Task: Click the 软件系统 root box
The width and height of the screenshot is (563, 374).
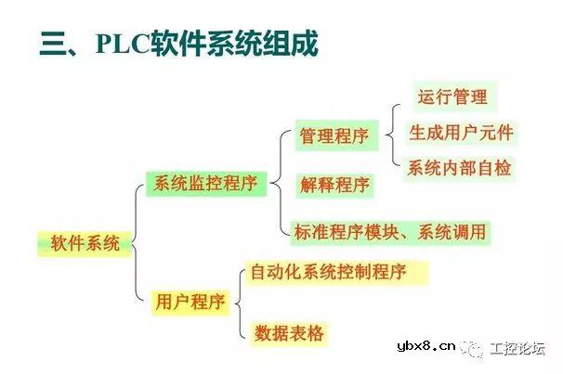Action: [84, 245]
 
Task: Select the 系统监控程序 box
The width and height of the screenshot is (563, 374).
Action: [205, 183]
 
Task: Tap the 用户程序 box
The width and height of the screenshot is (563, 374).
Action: [190, 302]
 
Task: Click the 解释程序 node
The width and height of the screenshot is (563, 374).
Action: [334, 184]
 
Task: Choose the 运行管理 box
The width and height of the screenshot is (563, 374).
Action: [452, 96]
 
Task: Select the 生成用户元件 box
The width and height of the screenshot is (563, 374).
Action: [461, 132]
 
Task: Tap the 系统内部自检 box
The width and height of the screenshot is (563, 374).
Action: [460, 168]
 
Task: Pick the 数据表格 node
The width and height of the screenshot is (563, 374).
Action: [289, 331]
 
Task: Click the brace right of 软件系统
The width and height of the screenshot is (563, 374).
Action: [137, 243]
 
